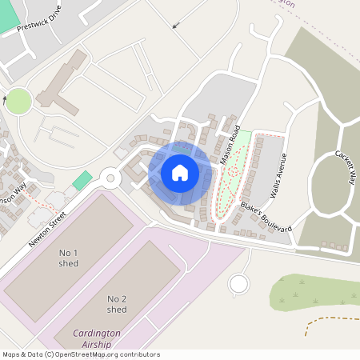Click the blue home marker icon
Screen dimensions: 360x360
click(x=180, y=172)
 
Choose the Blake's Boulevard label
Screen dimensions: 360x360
click(x=266, y=217)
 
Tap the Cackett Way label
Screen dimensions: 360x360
click(x=345, y=167)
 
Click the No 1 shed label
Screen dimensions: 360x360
click(x=70, y=258)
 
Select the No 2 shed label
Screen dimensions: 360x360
click(x=117, y=304)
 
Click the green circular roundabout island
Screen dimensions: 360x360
click(x=18, y=101)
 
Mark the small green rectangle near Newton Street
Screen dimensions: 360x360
click(x=82, y=181)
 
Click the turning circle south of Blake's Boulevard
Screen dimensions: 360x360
click(x=238, y=283)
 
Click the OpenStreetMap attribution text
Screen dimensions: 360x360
click(x=80, y=354)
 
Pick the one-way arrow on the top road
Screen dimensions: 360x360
click(x=176, y=23)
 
